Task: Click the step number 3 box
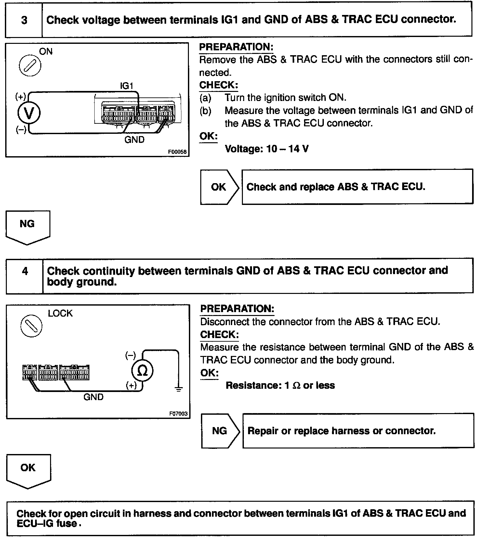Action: (x=24, y=20)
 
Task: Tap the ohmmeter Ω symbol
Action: (x=142, y=371)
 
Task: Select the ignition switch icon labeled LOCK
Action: (x=31, y=326)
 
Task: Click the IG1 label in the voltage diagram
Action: (x=126, y=86)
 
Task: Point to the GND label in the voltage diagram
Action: (x=134, y=140)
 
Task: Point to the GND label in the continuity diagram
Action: (x=93, y=397)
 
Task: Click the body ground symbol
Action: (x=178, y=389)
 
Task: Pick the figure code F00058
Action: (x=177, y=152)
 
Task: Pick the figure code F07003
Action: (x=178, y=414)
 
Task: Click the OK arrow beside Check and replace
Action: (x=219, y=187)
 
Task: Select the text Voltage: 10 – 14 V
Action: (x=267, y=149)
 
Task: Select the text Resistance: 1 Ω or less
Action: (x=280, y=385)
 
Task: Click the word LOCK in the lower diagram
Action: (x=60, y=313)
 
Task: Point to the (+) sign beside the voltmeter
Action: (x=20, y=96)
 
